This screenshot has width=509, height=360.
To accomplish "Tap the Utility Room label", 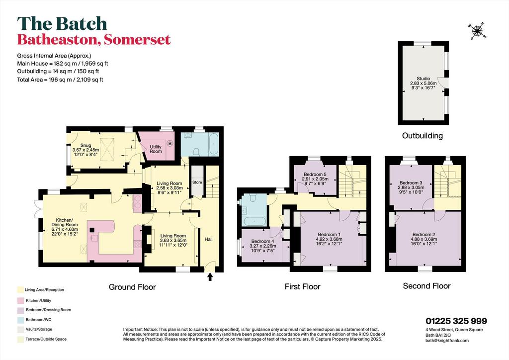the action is coord(156,149).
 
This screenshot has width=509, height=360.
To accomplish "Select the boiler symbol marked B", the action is coord(170,143).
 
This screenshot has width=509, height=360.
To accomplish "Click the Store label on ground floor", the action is coord(197,182).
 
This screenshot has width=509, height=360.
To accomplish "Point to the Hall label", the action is coord(208,239).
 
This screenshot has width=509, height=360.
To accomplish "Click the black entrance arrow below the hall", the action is coord(210,276).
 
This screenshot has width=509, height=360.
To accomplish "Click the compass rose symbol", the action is coord(477,31).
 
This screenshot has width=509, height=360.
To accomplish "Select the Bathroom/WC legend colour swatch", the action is coord(20,320).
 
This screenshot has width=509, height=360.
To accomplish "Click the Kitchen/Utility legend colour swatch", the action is coord(20,301).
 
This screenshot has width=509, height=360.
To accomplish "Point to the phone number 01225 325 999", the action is coord(456,321).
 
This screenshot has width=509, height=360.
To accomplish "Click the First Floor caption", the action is coord(303,286).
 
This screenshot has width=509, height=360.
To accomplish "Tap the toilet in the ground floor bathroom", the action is coord(196,151).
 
